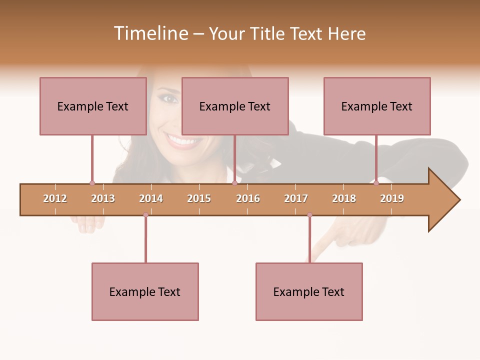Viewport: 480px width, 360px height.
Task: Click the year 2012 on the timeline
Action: tap(55, 198)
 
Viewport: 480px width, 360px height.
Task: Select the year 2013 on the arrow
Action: tap(103, 198)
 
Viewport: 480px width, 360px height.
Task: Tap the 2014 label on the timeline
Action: tap(151, 198)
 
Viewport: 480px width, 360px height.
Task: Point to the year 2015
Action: tap(199, 198)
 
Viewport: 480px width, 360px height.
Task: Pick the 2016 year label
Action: tap(248, 198)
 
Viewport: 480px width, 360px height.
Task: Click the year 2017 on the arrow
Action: tap(296, 198)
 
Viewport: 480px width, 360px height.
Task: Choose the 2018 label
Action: tap(344, 198)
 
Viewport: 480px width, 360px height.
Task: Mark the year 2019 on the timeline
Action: tap(392, 198)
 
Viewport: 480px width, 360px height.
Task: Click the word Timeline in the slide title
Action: tap(149, 33)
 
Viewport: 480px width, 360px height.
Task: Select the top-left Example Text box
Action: tap(93, 106)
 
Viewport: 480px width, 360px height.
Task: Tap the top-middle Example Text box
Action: tap(235, 106)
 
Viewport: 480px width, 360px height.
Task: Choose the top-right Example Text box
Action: tap(377, 106)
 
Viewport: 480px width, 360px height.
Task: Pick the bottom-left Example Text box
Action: tap(145, 291)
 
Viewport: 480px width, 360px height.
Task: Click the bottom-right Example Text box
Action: tap(309, 291)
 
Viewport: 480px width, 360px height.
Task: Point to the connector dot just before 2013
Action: tap(92, 183)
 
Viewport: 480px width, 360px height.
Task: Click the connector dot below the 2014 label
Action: tap(145, 215)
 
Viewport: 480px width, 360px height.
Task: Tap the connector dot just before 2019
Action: tap(376, 183)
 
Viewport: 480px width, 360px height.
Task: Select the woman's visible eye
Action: tap(170, 98)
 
